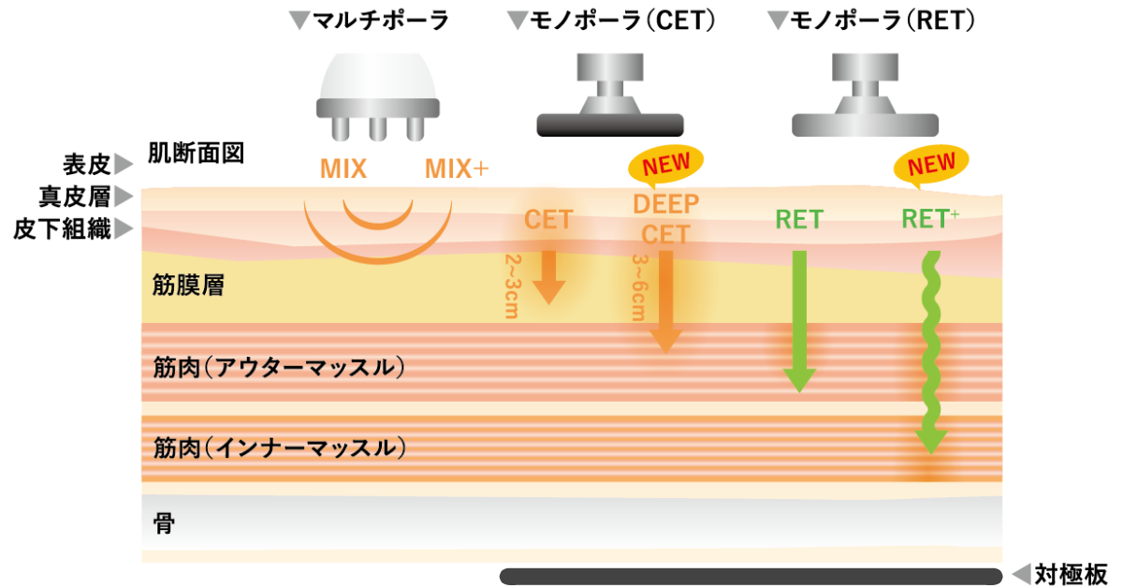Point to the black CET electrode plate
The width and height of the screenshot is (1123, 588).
610,125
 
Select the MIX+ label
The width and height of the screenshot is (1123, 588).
457,169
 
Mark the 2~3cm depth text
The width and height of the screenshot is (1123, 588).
511,286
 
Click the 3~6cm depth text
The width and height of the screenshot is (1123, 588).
638,286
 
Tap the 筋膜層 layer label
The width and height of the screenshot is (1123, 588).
188,287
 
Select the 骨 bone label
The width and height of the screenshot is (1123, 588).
163,522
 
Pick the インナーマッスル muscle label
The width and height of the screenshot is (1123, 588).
281,448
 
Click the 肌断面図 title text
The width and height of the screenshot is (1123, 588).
197,154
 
